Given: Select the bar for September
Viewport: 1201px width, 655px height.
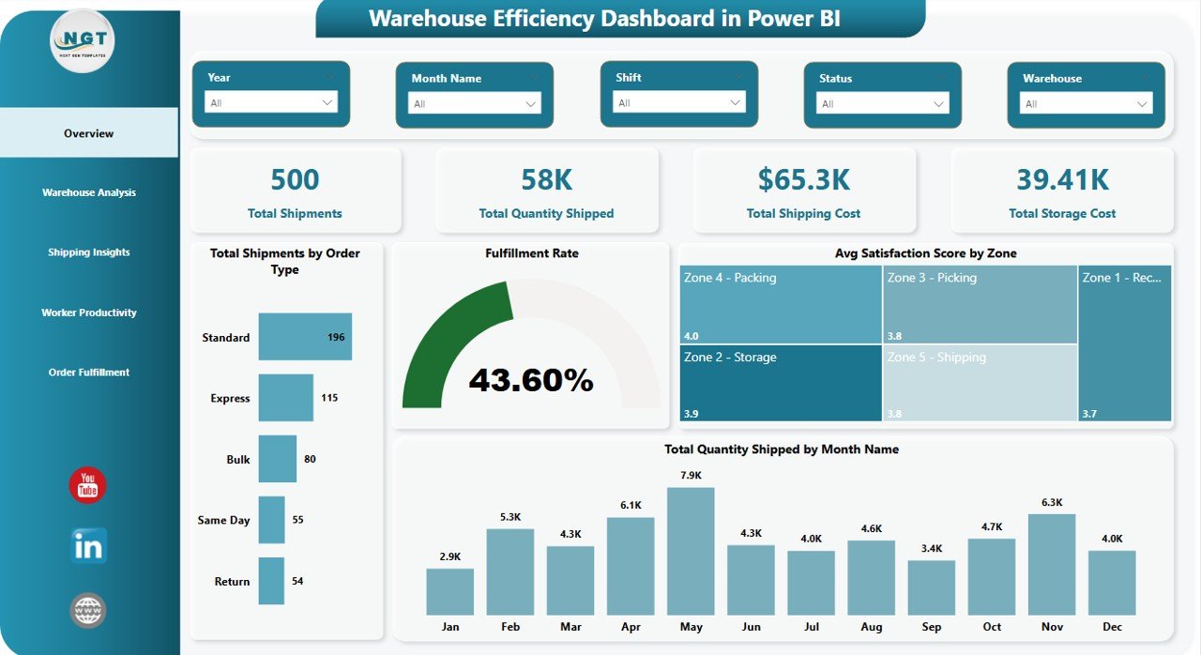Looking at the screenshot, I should click(932, 587).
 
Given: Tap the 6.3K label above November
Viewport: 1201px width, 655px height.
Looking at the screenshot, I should click(1052, 502).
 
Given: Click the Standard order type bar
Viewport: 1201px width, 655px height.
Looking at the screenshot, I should click(305, 337).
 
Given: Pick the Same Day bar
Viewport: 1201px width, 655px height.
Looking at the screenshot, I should click(271, 520).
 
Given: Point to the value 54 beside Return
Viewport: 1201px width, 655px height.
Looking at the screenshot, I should click(297, 582).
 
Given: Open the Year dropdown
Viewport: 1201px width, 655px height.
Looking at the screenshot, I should click(271, 102).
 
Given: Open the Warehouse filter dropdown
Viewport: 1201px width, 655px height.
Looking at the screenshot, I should click(1087, 103).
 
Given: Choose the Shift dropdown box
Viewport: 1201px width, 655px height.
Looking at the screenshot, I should click(679, 102).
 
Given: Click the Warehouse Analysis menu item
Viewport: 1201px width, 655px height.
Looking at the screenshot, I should click(89, 192).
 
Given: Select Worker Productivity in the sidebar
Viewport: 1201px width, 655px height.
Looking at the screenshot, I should click(89, 312).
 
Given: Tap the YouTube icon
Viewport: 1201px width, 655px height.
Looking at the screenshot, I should click(88, 485).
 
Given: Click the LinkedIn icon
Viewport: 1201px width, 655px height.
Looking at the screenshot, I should click(88, 546).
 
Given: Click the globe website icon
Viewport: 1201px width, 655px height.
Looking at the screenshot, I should click(88, 610).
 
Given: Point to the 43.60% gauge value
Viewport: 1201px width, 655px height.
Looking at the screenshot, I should click(531, 380).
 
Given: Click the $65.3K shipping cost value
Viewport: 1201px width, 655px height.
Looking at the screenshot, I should click(803, 179).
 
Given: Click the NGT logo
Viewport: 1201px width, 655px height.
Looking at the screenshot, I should click(83, 41).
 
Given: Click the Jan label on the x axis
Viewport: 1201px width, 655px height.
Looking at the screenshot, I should click(449, 627).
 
